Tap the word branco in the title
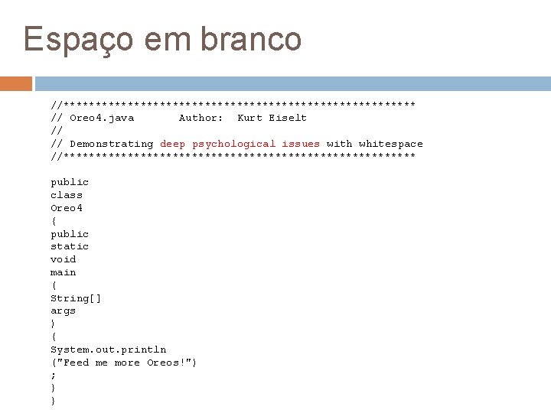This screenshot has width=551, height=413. (252, 39)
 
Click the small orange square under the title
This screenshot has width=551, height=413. (16, 83)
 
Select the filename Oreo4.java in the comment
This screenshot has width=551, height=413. (102, 118)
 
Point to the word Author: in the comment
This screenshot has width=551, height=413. (201, 118)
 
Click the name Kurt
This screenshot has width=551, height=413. (250, 118)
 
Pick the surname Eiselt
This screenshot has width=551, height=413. (288, 118)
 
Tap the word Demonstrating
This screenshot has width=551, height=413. (112, 144)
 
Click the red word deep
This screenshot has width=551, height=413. (173, 144)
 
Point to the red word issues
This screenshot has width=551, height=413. (301, 144)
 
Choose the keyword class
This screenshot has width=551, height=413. (67, 195)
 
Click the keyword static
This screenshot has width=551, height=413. (70, 246)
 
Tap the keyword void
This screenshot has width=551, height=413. (64, 259)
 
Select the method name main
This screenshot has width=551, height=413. (64, 272)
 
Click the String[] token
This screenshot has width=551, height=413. (76, 298)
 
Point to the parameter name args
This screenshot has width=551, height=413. (64, 311)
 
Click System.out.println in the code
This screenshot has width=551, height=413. (108, 350)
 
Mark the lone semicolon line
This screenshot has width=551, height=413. (53, 376)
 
